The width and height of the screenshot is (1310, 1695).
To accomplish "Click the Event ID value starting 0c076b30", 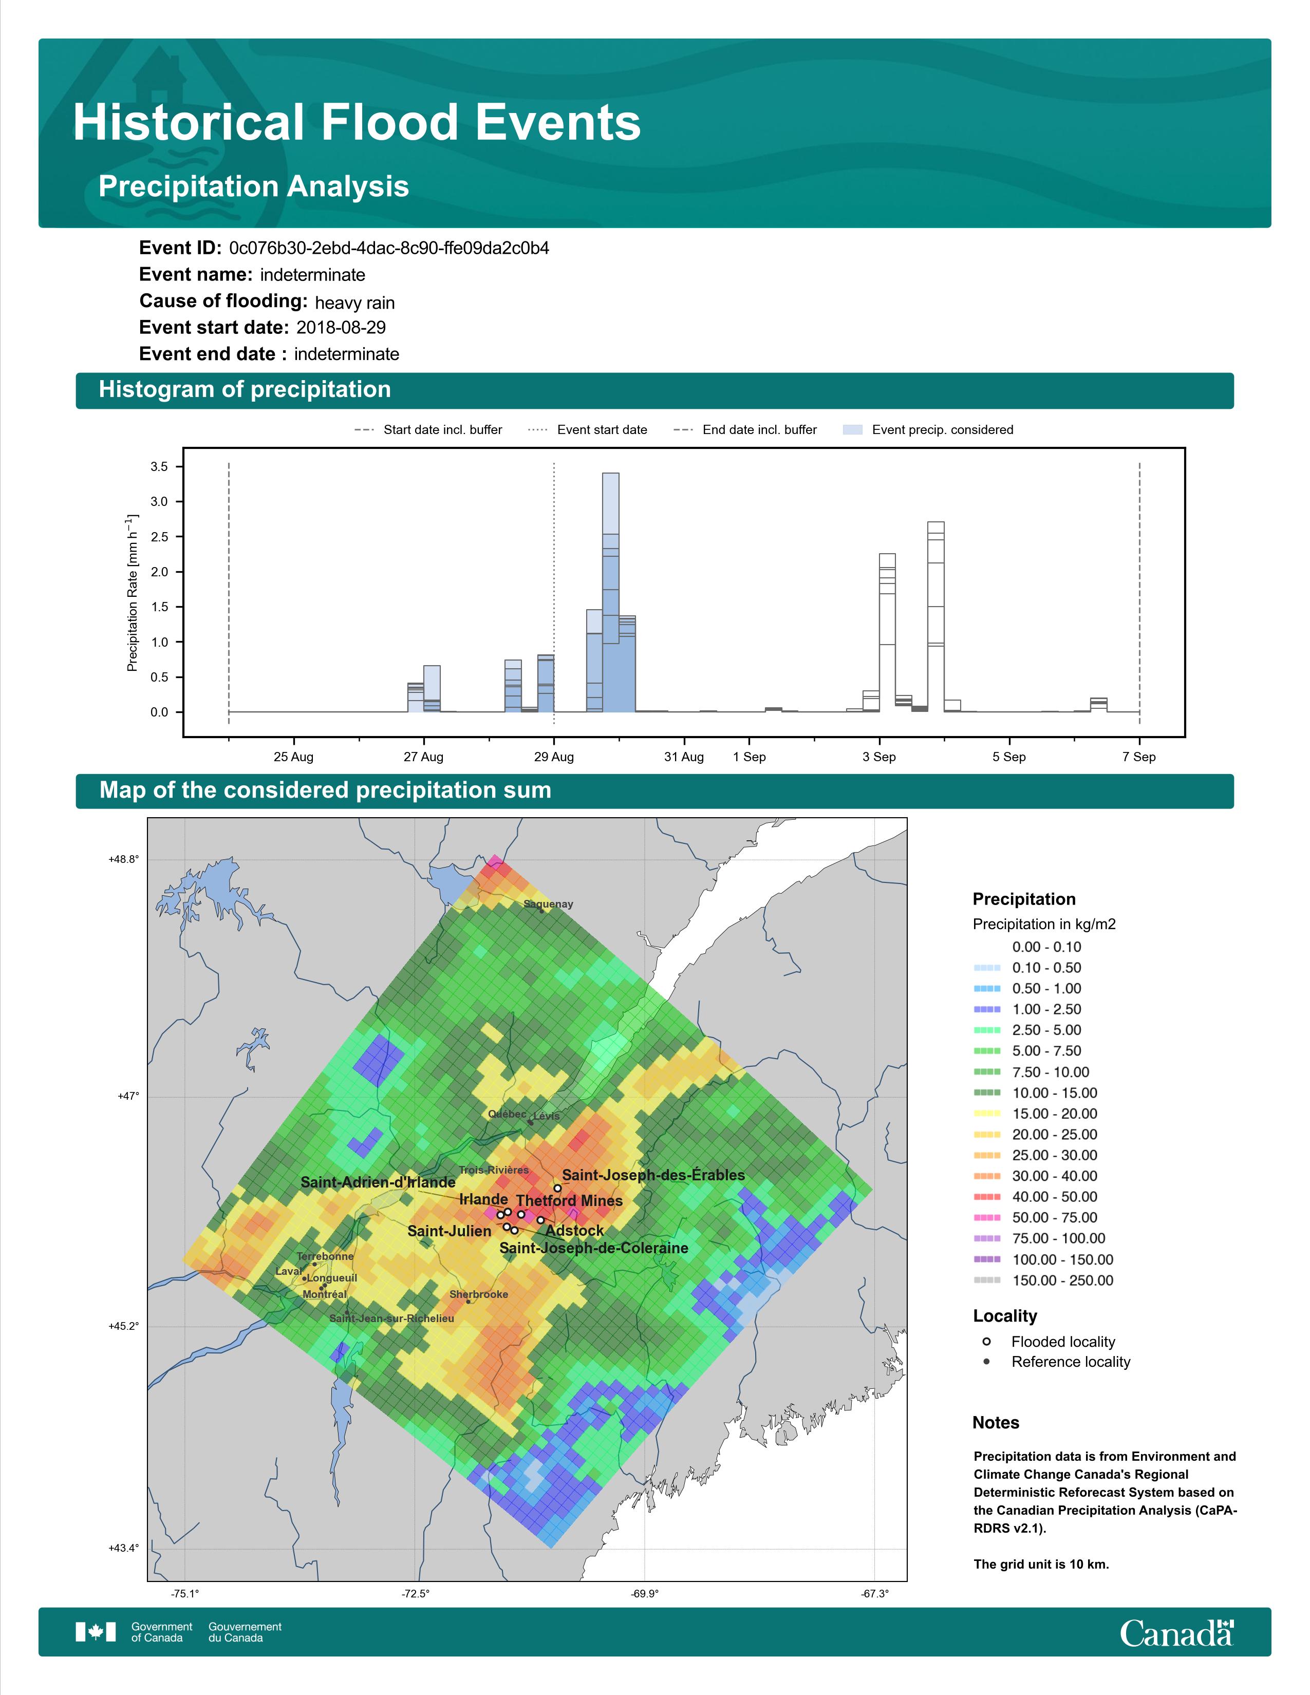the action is pos(389,249).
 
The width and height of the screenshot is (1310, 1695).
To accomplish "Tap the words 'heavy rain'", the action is pos(354,303).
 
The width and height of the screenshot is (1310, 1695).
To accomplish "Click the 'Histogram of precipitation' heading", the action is pos(245,390).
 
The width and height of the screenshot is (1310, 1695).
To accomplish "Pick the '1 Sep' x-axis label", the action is pos(749,757).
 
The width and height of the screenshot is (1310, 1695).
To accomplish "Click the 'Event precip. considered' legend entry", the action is pos(928,430).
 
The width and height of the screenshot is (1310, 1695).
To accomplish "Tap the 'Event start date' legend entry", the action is pos(588,430).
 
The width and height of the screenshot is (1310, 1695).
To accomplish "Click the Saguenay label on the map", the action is pos(548,904).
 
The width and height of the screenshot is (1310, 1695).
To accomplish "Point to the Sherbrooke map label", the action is pos(479,1294).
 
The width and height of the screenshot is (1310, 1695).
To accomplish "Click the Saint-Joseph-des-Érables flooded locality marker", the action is pos(557,1188).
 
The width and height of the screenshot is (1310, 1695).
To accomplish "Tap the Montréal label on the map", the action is pos(324,1294).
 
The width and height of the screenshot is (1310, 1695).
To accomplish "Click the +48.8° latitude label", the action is pos(124,859).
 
